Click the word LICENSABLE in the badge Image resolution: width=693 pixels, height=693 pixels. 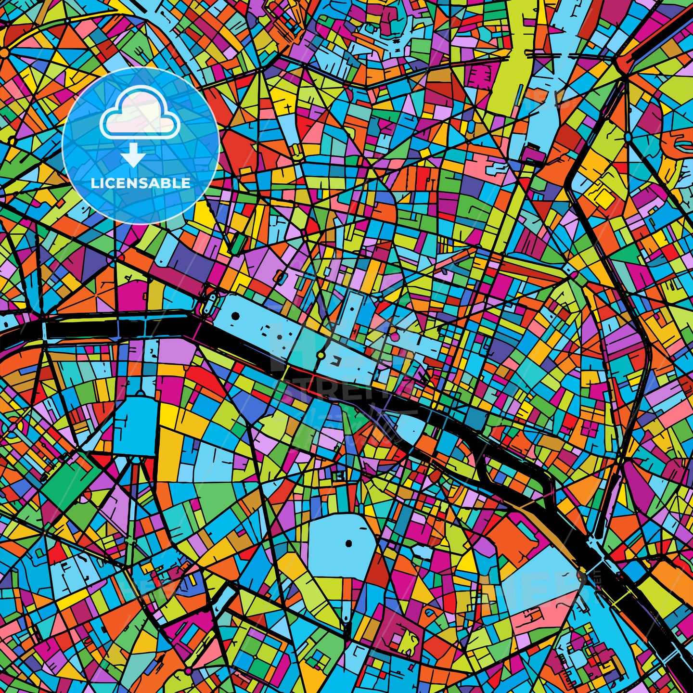click(x=141, y=183)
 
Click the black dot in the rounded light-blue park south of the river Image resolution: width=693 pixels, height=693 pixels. click(x=349, y=544)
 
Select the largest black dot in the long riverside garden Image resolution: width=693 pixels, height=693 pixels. click(x=235, y=316)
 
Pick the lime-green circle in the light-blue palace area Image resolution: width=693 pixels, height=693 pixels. click(x=321, y=356)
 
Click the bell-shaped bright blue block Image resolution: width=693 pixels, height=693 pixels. click(x=139, y=423)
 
